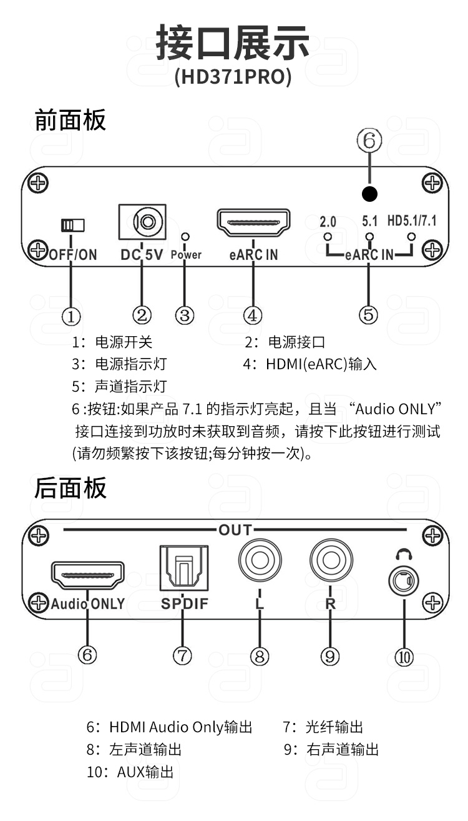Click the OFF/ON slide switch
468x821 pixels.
[x=73, y=225]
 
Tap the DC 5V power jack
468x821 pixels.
[x=142, y=222]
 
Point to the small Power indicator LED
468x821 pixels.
[x=186, y=237]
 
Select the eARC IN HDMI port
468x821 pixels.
[x=253, y=223]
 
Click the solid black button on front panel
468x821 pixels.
[x=369, y=194]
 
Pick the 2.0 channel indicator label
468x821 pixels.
[x=328, y=222]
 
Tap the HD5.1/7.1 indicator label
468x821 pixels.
[x=412, y=221]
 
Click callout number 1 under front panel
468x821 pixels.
[x=71, y=316]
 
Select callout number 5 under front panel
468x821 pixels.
[x=369, y=314]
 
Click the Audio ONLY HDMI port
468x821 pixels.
[x=88, y=575]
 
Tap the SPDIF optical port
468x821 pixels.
[x=184, y=568]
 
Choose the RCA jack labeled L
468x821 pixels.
[x=260, y=560]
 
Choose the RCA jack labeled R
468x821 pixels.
[x=331, y=560]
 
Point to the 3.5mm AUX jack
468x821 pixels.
[x=404, y=580]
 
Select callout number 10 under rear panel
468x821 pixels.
[x=404, y=657]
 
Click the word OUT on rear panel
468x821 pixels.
[x=235, y=530]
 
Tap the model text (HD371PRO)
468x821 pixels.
[x=233, y=77]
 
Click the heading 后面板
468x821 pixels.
[x=71, y=488]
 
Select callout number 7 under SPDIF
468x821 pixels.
[x=182, y=655]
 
